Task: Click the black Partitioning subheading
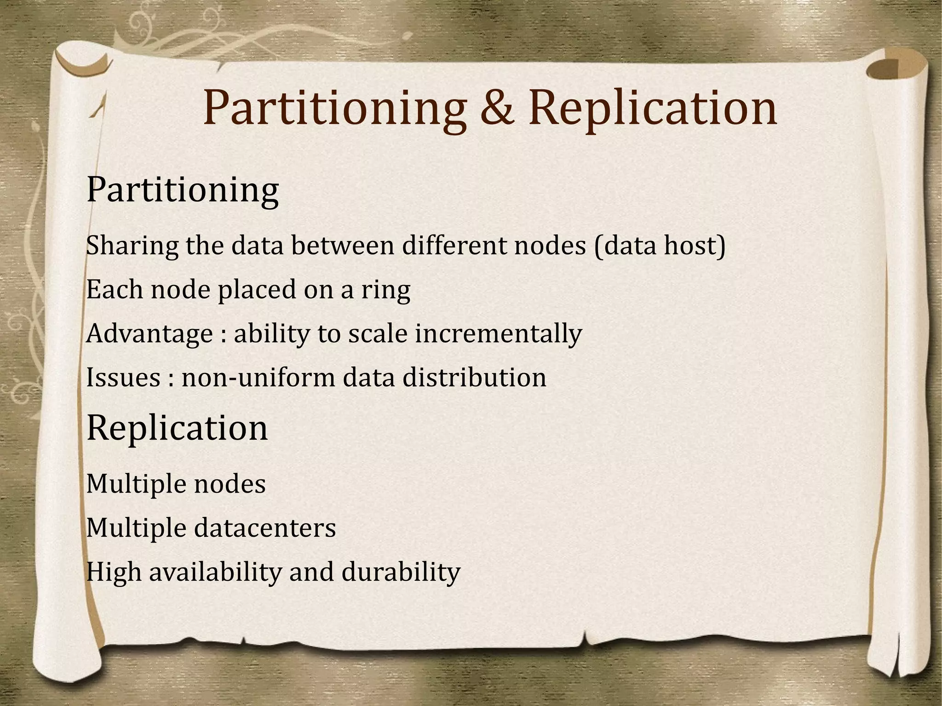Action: [x=182, y=190]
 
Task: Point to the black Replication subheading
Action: [x=177, y=428]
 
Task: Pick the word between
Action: [x=343, y=245]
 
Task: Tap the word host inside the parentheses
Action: [x=692, y=245]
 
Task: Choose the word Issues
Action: [x=123, y=378]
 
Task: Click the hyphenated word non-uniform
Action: [x=258, y=378]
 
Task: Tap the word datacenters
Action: [x=265, y=528]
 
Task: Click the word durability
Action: [x=401, y=573]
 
